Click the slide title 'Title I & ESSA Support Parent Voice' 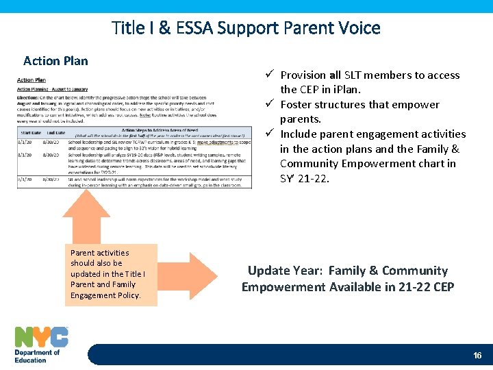pos(246,28)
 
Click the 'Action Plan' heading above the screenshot pos(55,61)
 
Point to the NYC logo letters pos(41,336)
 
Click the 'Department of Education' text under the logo pos(37,356)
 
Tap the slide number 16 pos(477,356)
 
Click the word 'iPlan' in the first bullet pos(346,90)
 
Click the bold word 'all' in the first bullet pos(334,75)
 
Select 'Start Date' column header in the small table pos(31,133)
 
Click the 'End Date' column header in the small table pos(56,133)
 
